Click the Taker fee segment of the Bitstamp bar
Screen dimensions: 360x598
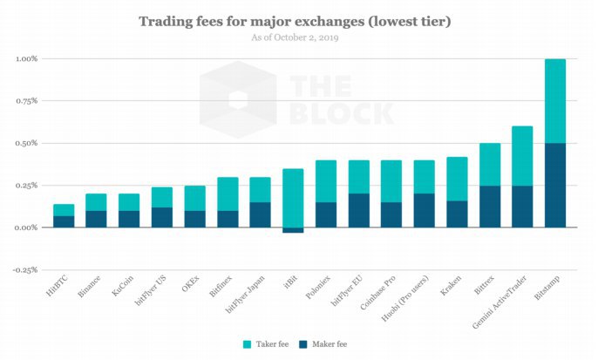click(554, 100)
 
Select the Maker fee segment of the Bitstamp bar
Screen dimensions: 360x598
click(554, 185)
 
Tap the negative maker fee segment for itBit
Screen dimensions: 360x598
click(293, 230)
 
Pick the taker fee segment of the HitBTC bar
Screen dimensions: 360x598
click(64, 209)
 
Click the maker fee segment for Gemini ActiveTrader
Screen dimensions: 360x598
click(522, 206)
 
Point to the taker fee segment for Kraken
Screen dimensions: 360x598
click(457, 179)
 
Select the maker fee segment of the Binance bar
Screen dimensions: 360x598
click(96, 219)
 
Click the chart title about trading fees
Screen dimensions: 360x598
click(299, 20)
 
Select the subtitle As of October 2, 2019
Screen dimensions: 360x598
click(299, 37)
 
